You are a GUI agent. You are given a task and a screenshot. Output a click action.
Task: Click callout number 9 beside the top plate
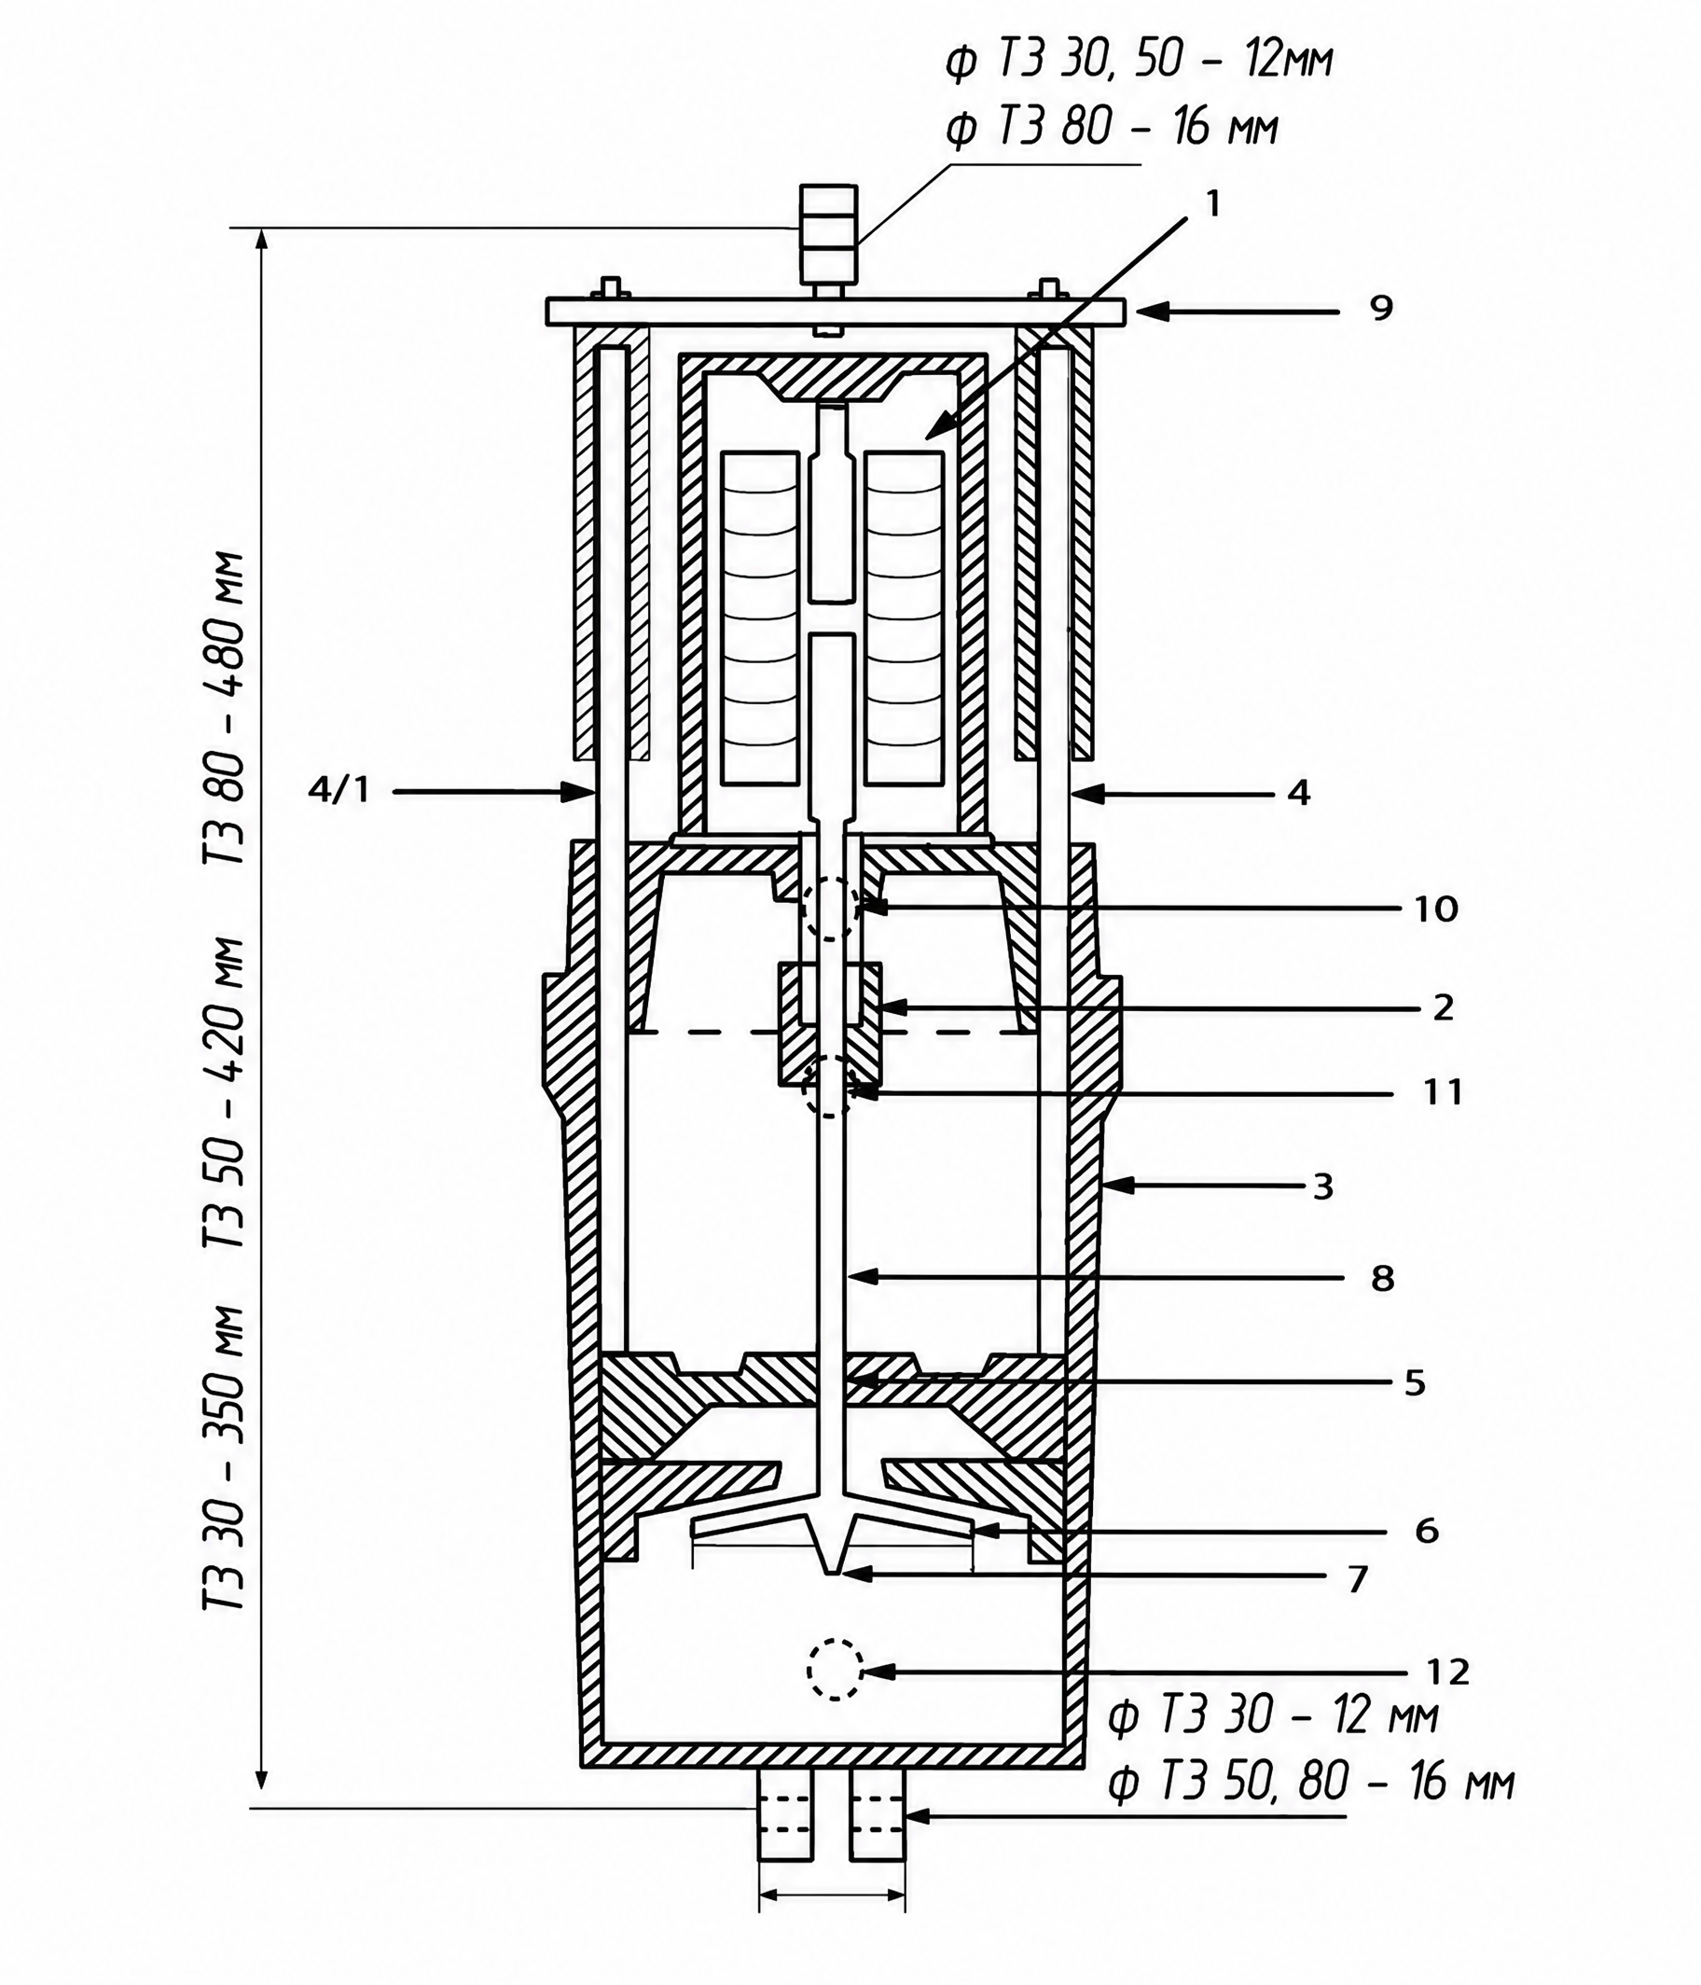coord(1380,309)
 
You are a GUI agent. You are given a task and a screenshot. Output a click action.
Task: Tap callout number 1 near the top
coord(1213,204)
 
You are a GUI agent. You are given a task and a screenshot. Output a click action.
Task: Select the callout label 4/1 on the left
coord(339,790)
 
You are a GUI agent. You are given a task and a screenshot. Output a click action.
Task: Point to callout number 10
coord(1436,909)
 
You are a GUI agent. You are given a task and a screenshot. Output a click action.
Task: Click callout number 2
coord(1443,1006)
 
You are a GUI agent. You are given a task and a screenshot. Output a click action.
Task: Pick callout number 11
coord(1443,1092)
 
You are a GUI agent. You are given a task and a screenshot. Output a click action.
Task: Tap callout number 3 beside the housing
coord(1322,1187)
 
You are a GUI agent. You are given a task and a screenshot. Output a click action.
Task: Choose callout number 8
coord(1382,1278)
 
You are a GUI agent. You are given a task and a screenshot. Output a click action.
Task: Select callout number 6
coord(1427,1531)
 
